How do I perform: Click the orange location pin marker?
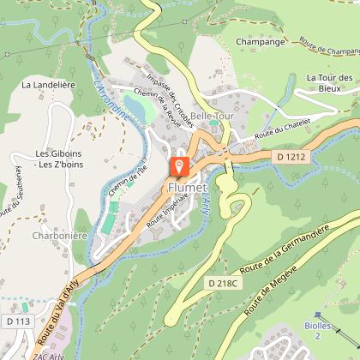point(180,166)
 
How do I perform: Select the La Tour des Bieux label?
point(330,83)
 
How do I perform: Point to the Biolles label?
point(320,330)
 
